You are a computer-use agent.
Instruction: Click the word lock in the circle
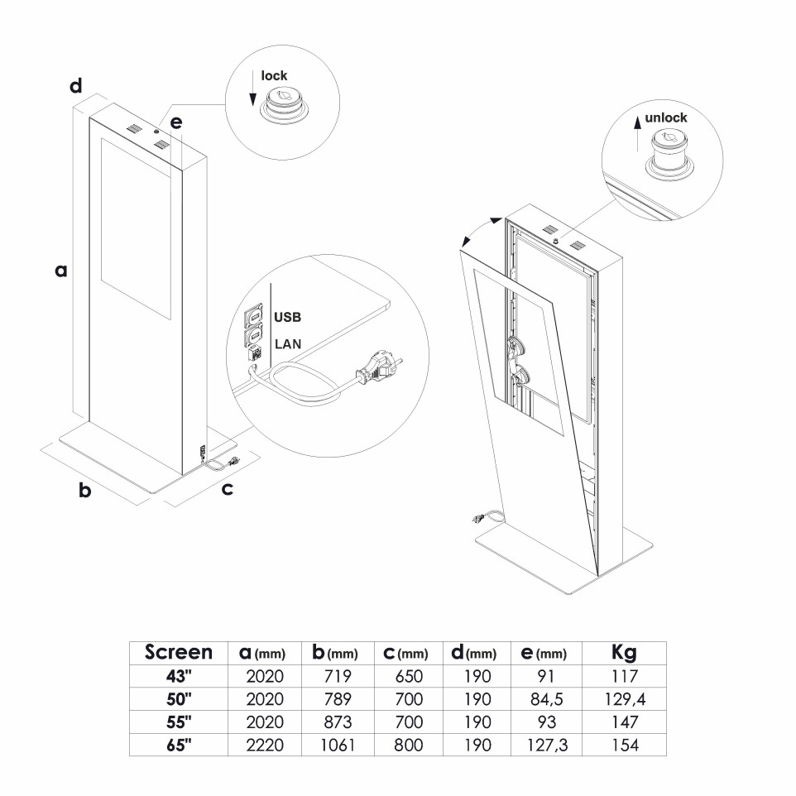click(x=274, y=76)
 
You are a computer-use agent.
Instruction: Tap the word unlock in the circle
click(x=665, y=117)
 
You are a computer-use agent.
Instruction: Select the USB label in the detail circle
click(x=286, y=317)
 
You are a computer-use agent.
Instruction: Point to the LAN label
click(x=286, y=343)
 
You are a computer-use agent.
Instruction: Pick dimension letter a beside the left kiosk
click(x=60, y=270)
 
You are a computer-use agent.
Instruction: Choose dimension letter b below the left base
click(x=84, y=491)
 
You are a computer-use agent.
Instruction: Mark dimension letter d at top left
click(x=75, y=85)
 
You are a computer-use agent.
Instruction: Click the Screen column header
click(x=179, y=652)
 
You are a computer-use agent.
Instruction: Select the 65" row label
click(x=179, y=745)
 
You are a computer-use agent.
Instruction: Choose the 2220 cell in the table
click(x=265, y=745)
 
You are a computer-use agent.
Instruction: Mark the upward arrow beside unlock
click(x=637, y=133)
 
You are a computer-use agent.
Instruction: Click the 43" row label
click(x=179, y=676)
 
